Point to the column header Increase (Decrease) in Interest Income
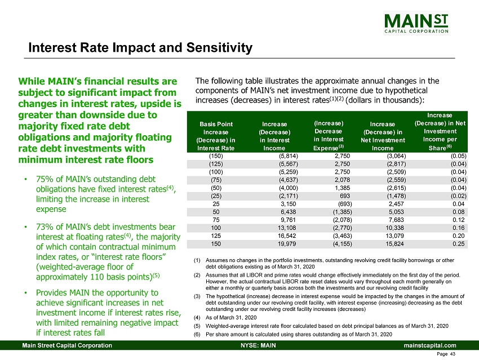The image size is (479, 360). tap(276, 135)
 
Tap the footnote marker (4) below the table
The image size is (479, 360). tap(197, 318)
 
